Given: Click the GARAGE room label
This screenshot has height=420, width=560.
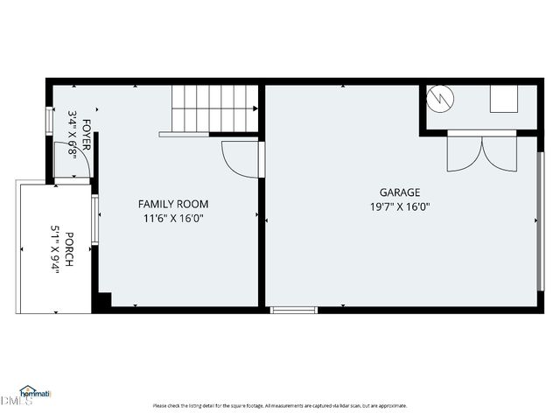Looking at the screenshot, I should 400,192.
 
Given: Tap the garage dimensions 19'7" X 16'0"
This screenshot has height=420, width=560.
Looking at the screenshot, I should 400,207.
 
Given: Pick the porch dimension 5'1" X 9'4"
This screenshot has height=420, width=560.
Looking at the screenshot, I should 54,250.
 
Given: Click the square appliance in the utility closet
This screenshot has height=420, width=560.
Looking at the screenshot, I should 503,100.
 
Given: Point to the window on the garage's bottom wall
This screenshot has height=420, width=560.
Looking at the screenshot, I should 293,310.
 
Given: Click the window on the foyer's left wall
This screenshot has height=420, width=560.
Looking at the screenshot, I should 49,118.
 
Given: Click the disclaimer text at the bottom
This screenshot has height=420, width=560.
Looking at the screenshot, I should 279,406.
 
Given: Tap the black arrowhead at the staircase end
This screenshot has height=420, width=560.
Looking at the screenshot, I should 255,109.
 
